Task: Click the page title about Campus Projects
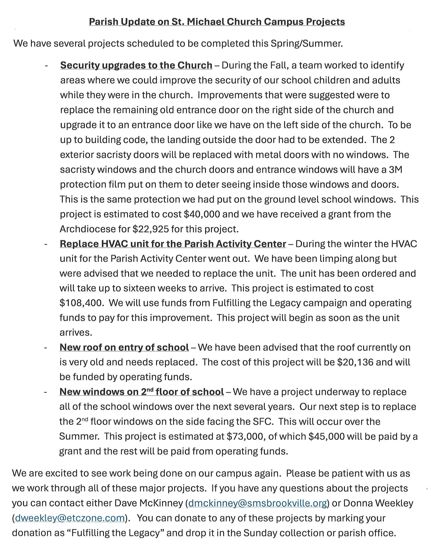click(217, 22)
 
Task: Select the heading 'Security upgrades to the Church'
click(136, 65)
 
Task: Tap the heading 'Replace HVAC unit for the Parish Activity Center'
click(173, 244)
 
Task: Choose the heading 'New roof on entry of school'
click(124, 347)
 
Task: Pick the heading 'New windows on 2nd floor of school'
click(142, 392)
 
